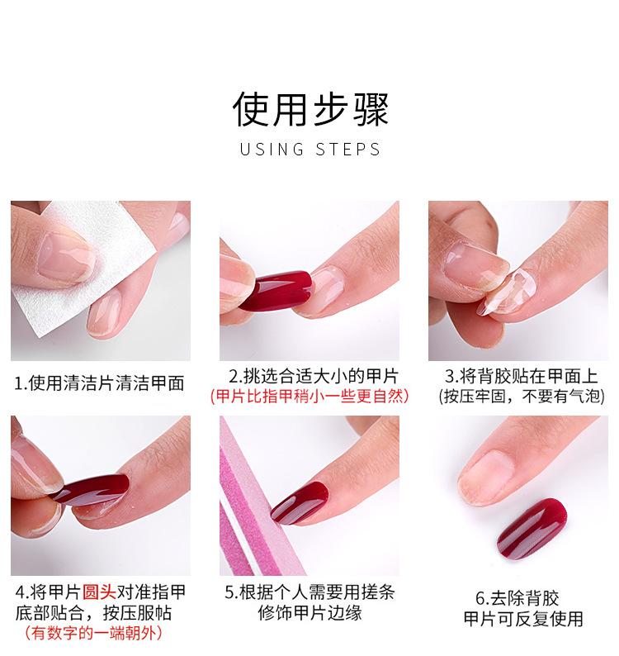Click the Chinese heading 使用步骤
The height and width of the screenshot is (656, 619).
(309, 109)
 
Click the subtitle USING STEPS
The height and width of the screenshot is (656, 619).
(309, 150)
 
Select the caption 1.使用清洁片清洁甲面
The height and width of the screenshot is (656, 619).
(99, 383)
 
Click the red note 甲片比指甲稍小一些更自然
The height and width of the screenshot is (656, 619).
(309, 397)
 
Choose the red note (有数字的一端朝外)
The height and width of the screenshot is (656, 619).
(92, 634)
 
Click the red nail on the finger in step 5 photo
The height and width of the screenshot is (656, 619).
(302, 504)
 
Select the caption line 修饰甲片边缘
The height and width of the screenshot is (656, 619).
(309, 613)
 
